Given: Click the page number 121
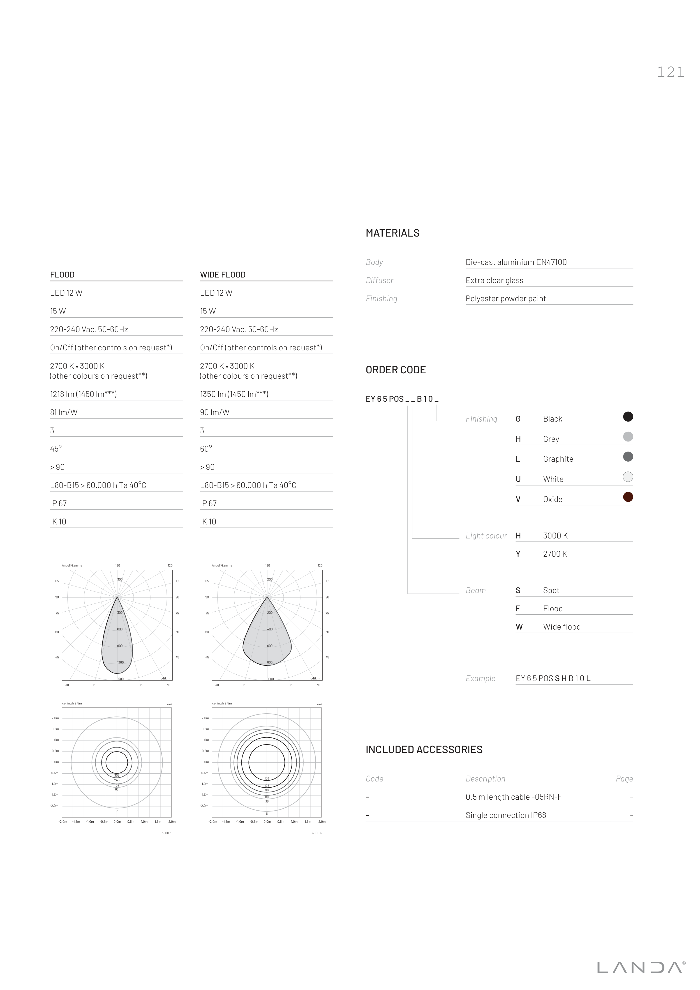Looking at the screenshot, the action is pyautogui.click(x=670, y=72).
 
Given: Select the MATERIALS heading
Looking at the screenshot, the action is pyautogui.click(x=392, y=233).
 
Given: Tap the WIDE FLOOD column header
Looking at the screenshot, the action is pyautogui.click(x=223, y=275).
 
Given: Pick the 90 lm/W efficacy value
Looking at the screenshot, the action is pyautogui.click(x=215, y=412).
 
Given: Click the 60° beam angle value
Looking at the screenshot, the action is pyautogui.click(x=206, y=448).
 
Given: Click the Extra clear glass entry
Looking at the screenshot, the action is pyautogui.click(x=494, y=280).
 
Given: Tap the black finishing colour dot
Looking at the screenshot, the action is pyautogui.click(x=628, y=417).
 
